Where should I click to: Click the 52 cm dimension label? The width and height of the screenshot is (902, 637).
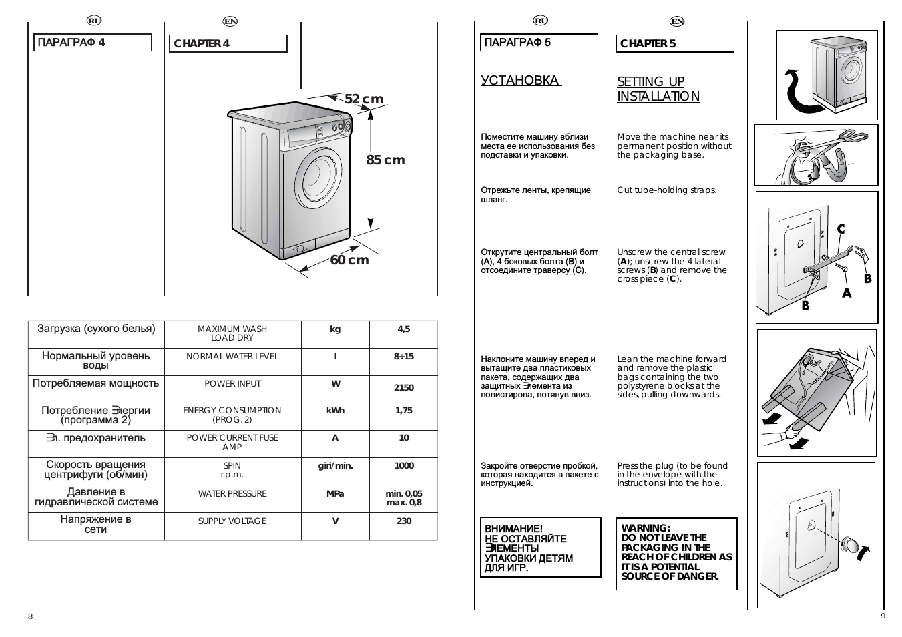(x=364, y=99)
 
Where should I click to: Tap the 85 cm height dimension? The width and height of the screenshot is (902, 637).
(x=385, y=160)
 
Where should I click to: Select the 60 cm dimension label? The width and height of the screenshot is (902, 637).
(x=349, y=260)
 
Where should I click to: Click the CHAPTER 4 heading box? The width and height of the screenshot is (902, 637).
(x=228, y=44)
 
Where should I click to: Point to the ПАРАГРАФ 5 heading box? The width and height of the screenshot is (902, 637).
(x=539, y=43)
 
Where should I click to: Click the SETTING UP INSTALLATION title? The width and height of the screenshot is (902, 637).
(x=658, y=89)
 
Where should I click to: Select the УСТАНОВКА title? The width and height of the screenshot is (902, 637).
(x=521, y=81)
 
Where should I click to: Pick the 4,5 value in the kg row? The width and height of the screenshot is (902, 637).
(x=403, y=329)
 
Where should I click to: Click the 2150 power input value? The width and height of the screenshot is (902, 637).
(x=403, y=387)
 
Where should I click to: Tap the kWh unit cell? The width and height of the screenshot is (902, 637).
(x=335, y=411)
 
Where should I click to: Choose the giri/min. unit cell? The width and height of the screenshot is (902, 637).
(x=335, y=466)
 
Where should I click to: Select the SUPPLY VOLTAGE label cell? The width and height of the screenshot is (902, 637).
(x=232, y=521)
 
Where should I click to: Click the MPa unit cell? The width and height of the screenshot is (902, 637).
(x=335, y=494)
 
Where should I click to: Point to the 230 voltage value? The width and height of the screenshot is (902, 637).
(x=403, y=521)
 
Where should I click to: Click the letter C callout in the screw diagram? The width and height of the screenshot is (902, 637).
(x=841, y=230)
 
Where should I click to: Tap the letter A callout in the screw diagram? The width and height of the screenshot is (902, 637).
(x=847, y=292)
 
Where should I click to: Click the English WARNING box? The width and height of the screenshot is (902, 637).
(x=676, y=554)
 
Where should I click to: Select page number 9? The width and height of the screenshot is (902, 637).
(x=883, y=616)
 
